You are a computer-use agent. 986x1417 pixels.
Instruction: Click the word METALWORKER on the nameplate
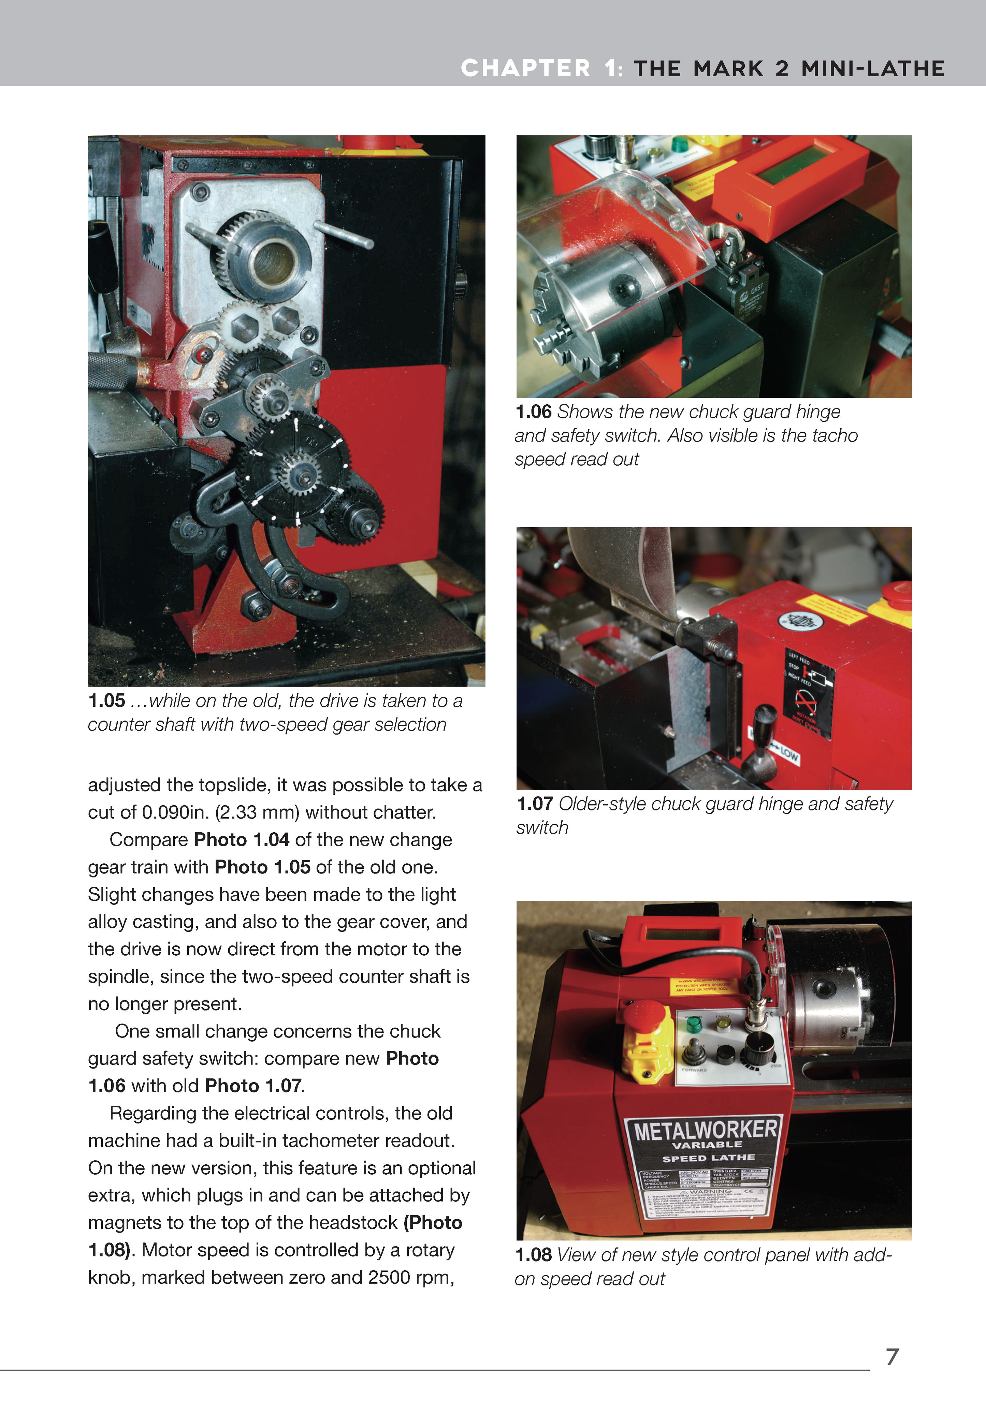coord(705,1131)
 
